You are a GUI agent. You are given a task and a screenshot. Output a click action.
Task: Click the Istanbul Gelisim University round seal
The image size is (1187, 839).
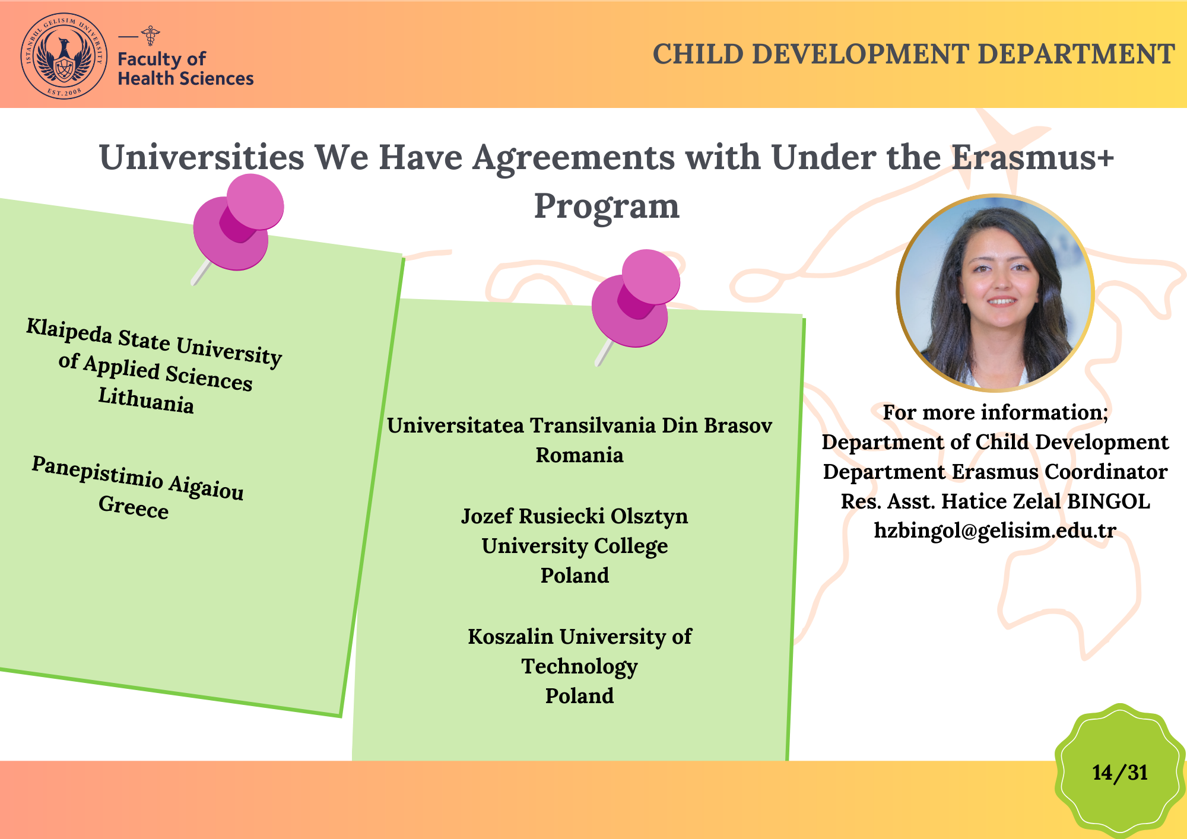(x=64, y=56)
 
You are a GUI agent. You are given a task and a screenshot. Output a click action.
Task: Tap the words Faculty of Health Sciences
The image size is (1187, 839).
(x=185, y=68)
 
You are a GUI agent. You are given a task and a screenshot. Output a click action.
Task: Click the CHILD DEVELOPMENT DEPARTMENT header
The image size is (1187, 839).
(x=913, y=54)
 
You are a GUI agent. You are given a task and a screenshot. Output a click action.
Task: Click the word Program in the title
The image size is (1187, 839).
(x=607, y=206)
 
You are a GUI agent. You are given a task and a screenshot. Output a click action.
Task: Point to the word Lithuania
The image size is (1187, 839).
(x=146, y=400)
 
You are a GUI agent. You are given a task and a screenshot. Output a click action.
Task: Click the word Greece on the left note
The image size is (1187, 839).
(x=134, y=507)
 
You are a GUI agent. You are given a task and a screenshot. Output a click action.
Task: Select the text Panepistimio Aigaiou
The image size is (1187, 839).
(x=138, y=478)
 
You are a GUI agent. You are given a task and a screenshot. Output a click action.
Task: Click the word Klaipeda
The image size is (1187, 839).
(x=69, y=330)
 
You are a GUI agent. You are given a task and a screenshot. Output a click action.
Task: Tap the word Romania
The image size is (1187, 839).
(x=579, y=455)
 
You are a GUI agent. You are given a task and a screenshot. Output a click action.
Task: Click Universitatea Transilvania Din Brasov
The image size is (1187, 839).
(x=579, y=425)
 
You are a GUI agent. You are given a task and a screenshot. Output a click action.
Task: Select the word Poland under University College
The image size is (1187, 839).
(x=575, y=575)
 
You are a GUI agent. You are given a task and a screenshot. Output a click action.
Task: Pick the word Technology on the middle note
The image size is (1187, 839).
(x=579, y=667)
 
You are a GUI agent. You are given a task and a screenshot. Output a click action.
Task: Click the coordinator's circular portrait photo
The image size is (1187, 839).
(x=995, y=293)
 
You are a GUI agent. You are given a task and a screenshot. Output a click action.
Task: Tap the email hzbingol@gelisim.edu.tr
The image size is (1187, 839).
(x=995, y=530)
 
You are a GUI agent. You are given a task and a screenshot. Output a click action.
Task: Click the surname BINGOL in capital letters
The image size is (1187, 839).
(x=1108, y=501)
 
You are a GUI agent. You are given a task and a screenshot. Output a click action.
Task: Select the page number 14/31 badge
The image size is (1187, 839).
(x=1120, y=772)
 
